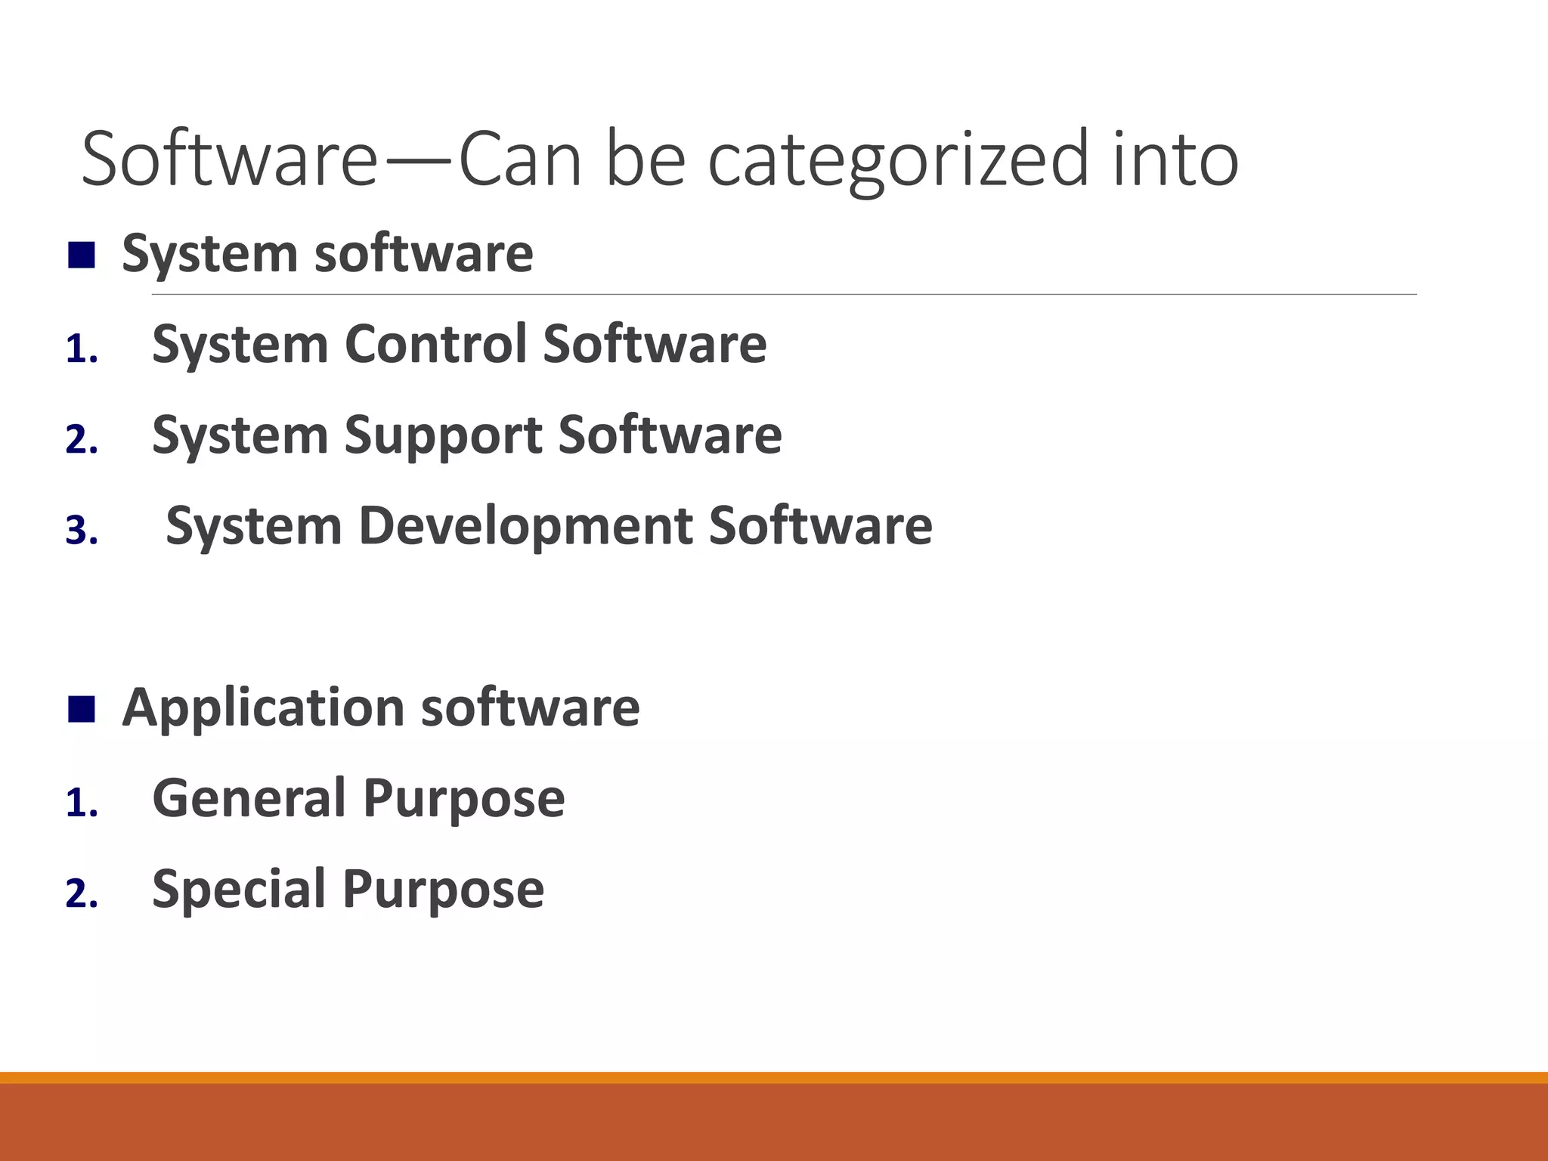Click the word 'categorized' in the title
pyautogui.click(x=899, y=161)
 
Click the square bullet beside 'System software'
pyautogui.click(x=81, y=255)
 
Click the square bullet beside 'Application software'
pyautogui.click(x=81, y=710)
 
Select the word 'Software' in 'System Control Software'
pyautogui.click(x=655, y=344)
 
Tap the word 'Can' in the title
pyautogui.click(x=520, y=159)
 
